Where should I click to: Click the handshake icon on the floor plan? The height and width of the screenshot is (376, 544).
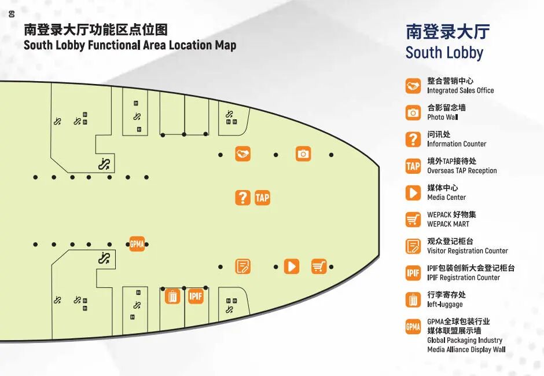pos(242,154)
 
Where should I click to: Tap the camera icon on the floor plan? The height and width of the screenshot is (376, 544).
pos(303,154)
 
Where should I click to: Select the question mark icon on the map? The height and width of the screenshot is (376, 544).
pos(242,198)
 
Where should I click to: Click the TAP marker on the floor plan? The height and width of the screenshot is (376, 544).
pos(262,198)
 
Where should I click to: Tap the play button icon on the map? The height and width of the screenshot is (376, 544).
pos(292,266)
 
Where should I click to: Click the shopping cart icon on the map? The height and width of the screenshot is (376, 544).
pos(319,266)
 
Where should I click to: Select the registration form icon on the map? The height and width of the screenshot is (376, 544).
pos(242,266)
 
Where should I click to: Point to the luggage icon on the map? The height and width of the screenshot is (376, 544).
pos(172,297)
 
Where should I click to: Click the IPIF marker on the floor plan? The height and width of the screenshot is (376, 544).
pos(196,297)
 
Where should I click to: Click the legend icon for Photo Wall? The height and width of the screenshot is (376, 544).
pos(413,112)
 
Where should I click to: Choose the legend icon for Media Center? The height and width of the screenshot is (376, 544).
pos(413,192)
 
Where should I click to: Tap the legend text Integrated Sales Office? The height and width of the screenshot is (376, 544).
pos(460,90)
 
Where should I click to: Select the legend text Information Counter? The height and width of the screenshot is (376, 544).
pos(457,144)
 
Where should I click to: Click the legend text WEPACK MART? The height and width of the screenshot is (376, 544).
pos(448,224)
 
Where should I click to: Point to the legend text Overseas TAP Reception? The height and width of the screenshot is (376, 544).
pos(462,170)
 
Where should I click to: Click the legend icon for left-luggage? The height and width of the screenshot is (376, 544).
pos(413,300)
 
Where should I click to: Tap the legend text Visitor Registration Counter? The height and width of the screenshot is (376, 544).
pos(467,251)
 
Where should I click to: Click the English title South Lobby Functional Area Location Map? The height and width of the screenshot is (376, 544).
pos(130,45)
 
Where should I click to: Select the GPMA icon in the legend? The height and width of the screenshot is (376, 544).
pos(413,327)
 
